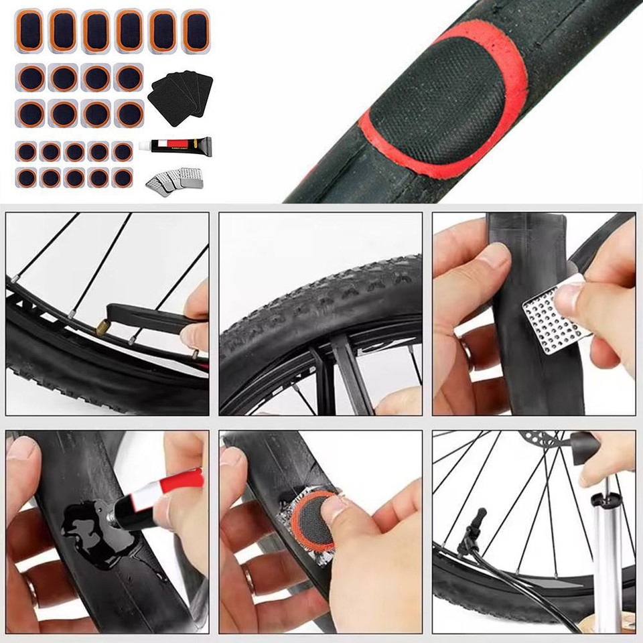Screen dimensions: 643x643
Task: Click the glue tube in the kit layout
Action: [x=175, y=144]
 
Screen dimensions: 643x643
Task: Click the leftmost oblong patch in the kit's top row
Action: [x=31, y=29]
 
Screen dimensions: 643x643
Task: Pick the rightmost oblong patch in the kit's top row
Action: [x=196, y=29]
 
